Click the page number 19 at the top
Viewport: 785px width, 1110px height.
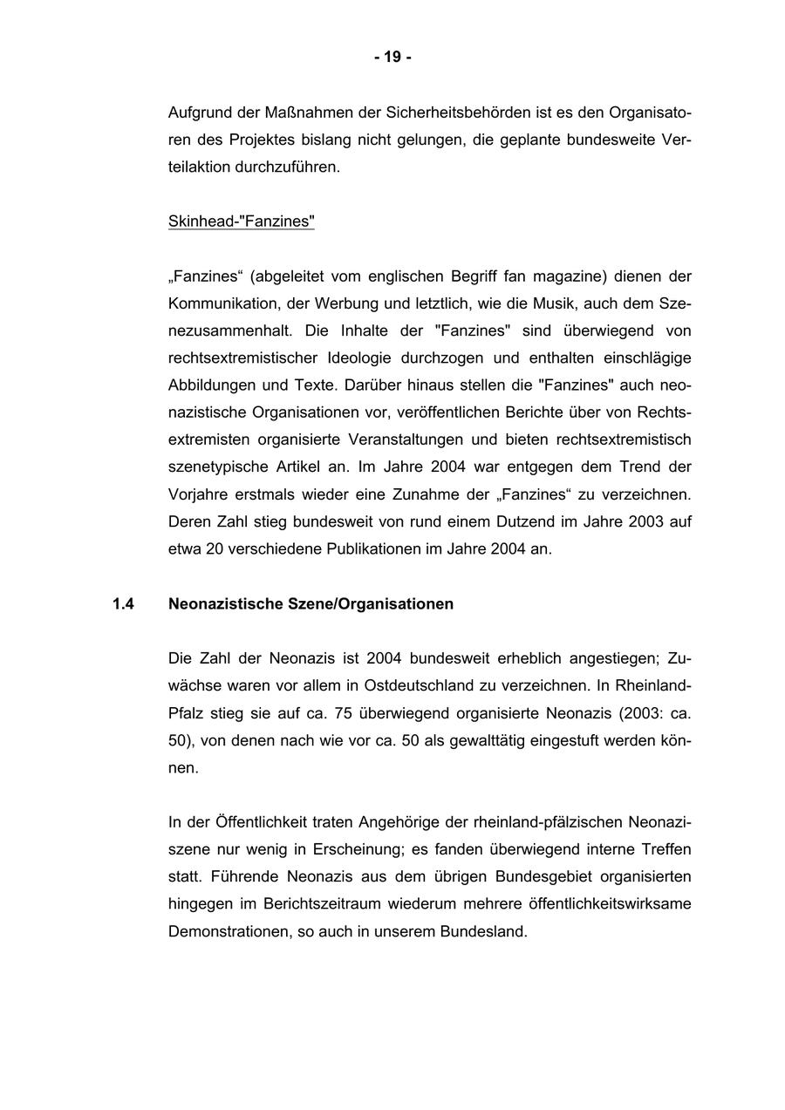tap(392, 58)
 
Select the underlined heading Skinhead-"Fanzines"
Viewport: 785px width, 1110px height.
tap(241, 221)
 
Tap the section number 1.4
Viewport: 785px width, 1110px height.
tap(123, 603)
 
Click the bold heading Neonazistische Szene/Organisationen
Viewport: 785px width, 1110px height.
tap(311, 603)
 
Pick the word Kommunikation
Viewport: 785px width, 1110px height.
tap(219, 303)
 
